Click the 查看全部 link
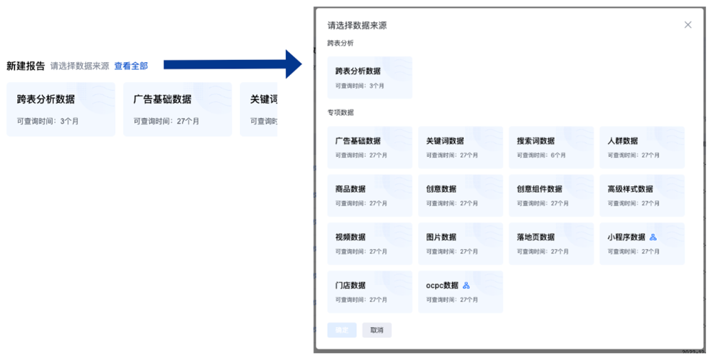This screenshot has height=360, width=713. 131,66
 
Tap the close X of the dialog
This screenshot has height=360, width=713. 688,25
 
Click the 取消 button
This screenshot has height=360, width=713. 377,330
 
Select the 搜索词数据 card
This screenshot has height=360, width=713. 551,147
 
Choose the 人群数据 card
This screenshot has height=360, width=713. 642,147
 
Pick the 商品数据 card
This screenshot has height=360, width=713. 369,196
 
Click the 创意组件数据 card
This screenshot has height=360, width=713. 551,196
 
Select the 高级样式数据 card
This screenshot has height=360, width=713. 642,196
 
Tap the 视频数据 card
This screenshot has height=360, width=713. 369,244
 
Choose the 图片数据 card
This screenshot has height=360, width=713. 460,244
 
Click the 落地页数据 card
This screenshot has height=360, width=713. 551,244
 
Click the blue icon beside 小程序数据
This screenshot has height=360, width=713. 653,237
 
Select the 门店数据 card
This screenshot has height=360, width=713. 369,291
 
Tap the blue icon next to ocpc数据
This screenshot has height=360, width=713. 467,286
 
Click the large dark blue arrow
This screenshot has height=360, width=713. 236,64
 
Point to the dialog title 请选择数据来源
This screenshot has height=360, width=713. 357,26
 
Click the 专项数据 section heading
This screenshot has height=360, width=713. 340,113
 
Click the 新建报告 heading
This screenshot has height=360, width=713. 26,66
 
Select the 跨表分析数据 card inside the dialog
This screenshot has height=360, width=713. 369,77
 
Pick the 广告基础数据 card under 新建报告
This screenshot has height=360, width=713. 177,109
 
